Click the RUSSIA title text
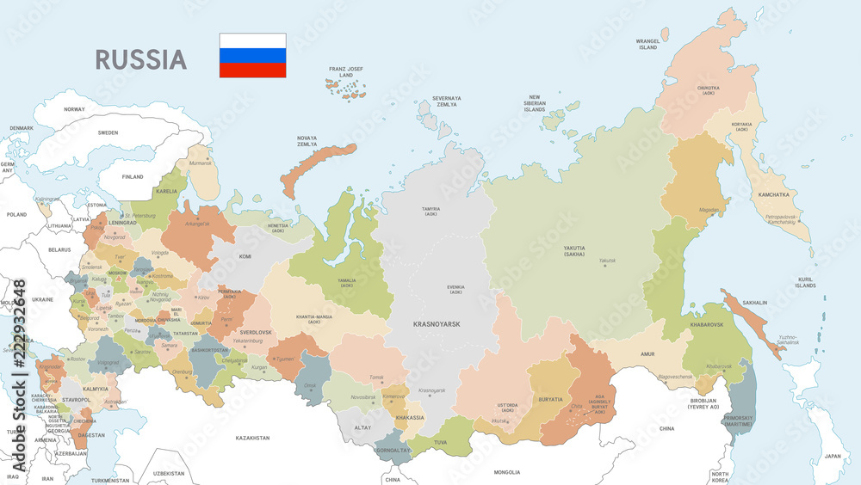140,59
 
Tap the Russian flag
252,56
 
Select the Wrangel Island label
647,44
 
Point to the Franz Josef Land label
346,71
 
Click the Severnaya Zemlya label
446,101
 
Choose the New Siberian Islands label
535,103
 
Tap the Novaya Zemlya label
307,142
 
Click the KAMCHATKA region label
773,195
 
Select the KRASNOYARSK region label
437,324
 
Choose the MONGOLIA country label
506,471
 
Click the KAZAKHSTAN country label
253,438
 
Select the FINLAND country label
133,177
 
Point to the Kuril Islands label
805,282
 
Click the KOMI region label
245,256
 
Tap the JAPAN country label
831,456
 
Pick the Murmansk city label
200,163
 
